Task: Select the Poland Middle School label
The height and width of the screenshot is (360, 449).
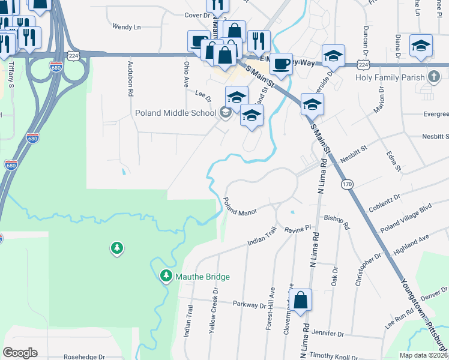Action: pos(175,113)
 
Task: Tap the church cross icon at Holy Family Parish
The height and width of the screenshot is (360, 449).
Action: pos(433,77)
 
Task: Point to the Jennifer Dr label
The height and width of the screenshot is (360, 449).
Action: pos(328,333)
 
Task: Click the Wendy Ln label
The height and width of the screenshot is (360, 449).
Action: pos(126,27)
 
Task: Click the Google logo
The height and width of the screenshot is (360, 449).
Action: pos(20,353)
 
